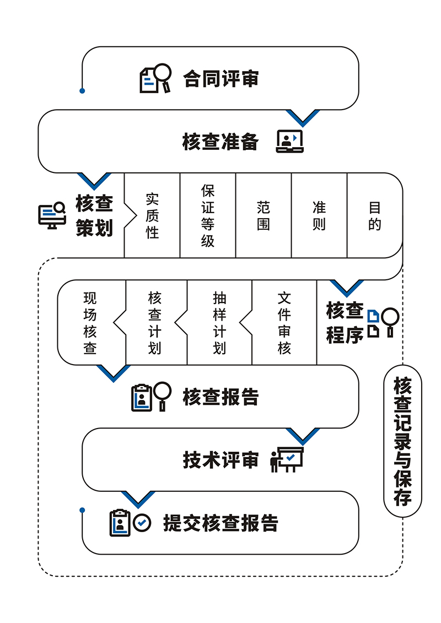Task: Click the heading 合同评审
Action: point(220,78)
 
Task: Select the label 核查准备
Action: point(220,142)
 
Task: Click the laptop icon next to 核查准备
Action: point(289,142)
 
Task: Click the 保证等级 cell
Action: point(208,215)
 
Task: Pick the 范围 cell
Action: point(263,215)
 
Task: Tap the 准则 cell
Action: point(319,215)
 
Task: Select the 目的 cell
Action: point(375,215)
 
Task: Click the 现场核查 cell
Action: point(90,323)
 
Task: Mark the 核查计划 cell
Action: point(155,323)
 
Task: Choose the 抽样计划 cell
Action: point(219,323)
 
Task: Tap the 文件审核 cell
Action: point(284,323)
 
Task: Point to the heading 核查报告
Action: point(220,397)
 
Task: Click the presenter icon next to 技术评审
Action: point(286,459)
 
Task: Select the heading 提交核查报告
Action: point(220,523)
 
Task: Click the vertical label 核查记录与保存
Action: point(402,441)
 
